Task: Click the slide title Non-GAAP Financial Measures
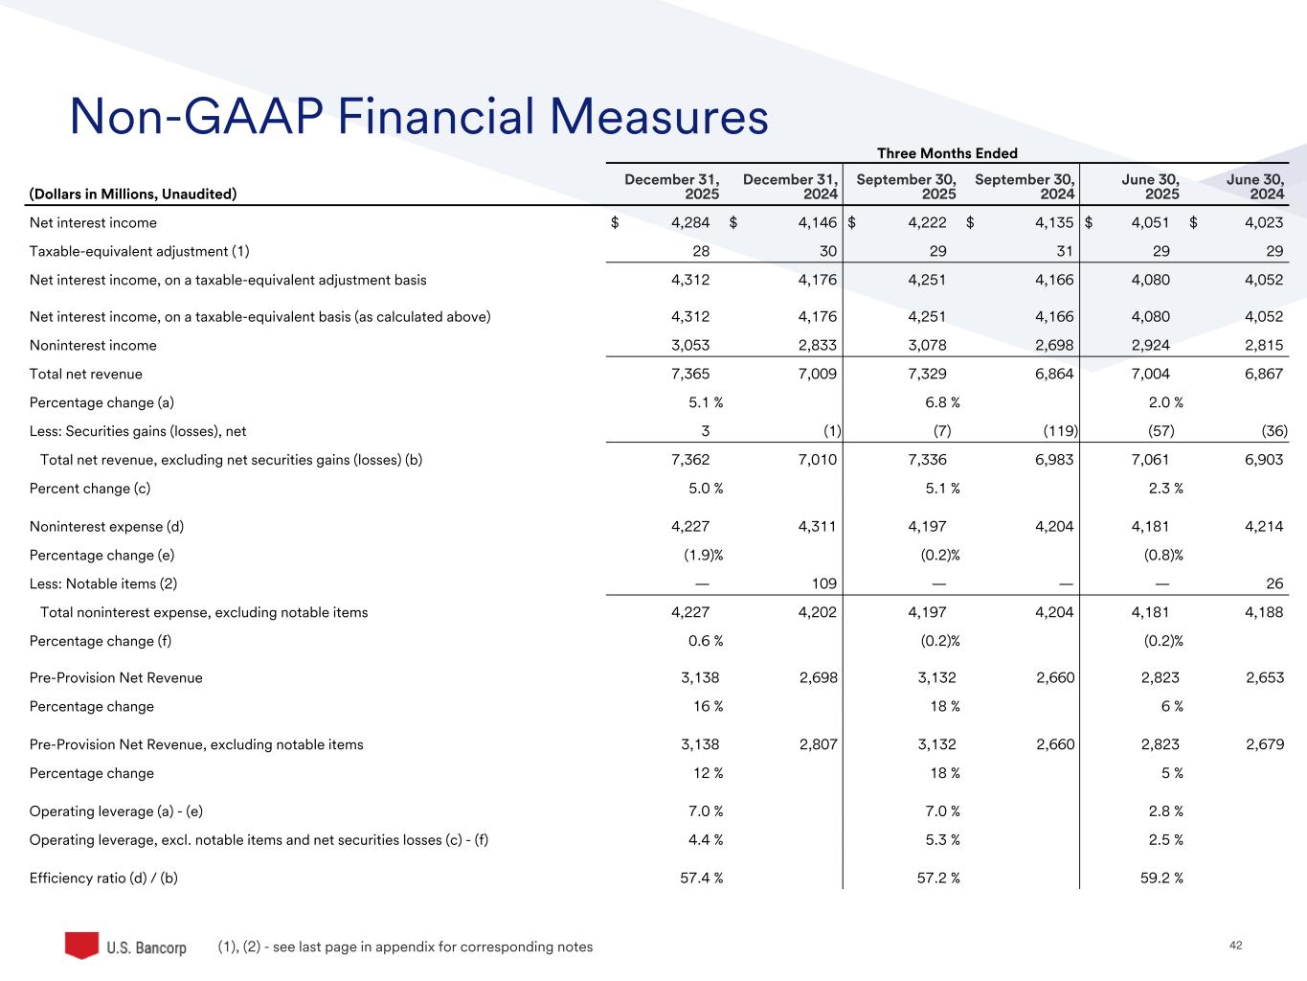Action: click(x=418, y=116)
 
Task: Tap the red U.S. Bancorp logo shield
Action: click(x=81, y=946)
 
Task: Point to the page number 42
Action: click(x=1235, y=946)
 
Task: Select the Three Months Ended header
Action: click(x=947, y=153)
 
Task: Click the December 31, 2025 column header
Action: click(x=671, y=187)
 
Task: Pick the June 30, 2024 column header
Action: click(x=1255, y=187)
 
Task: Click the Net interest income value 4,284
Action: click(x=690, y=223)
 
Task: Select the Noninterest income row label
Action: click(x=93, y=346)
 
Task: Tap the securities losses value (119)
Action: click(x=1060, y=431)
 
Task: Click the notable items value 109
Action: click(x=824, y=583)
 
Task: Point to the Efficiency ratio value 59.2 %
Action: click(x=1161, y=878)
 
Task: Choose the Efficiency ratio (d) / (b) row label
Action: click(x=103, y=878)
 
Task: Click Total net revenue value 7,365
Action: click(x=690, y=374)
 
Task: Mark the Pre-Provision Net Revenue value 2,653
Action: click(x=1265, y=678)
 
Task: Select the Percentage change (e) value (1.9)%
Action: click(x=703, y=555)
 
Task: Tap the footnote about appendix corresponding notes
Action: click(x=405, y=947)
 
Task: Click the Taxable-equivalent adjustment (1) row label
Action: click(x=140, y=251)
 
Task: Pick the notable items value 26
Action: click(x=1274, y=583)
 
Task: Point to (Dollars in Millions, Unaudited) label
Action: click(x=133, y=194)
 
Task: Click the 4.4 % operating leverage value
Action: click(x=706, y=840)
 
